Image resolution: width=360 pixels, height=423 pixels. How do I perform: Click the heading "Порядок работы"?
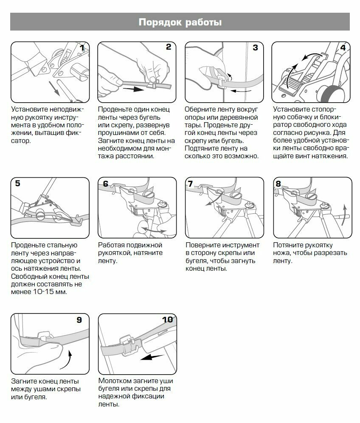point(180,22)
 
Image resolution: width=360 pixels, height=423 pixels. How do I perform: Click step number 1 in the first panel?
point(83,48)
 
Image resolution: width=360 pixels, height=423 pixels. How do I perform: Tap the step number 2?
point(169,47)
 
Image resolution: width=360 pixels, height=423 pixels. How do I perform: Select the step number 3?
point(255,48)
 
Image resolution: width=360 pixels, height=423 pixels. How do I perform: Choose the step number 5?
point(17,183)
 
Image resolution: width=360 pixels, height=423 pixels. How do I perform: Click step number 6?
point(105,184)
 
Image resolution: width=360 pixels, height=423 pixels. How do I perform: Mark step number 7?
point(191,184)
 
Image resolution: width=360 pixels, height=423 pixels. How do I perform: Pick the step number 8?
point(278,184)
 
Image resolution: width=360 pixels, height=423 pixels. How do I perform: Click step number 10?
point(167,319)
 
